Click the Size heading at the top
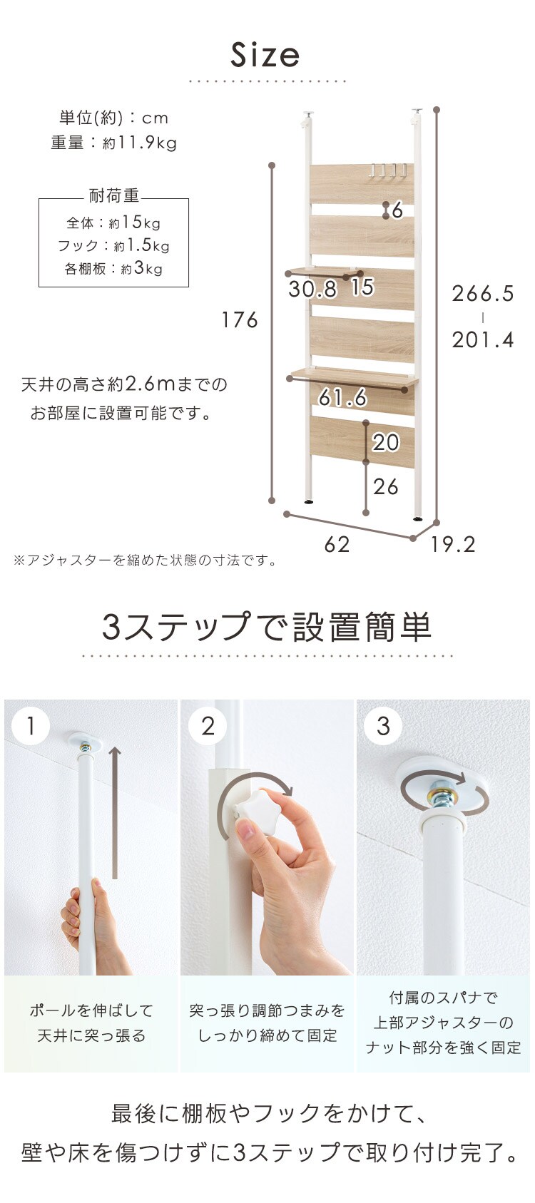[265, 56]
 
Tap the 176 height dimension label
[239, 320]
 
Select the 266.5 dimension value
[483, 293]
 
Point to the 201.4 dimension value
[483, 339]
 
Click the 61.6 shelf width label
[342, 397]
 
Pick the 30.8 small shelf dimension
[312, 289]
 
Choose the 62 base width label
[337, 545]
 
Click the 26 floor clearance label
[386, 486]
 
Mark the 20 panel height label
[386, 442]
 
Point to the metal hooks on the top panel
[389, 170]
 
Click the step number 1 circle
[31, 726]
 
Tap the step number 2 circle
[208, 726]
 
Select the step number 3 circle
[383, 726]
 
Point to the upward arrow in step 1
[115, 813]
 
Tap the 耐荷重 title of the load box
[113, 195]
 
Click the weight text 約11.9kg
[140, 143]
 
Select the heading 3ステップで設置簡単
[267, 627]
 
